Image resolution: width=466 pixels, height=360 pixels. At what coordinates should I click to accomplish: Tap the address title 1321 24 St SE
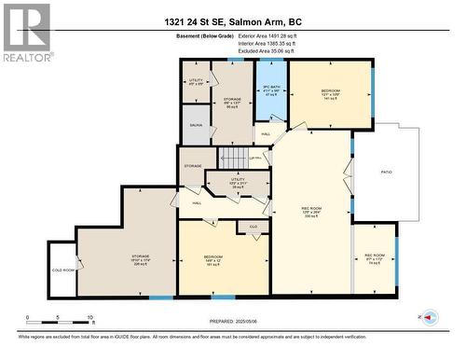pos(232,22)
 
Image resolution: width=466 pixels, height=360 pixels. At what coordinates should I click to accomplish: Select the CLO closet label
pos(253,227)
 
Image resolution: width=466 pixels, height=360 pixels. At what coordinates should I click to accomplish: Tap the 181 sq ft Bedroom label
pos(214,259)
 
